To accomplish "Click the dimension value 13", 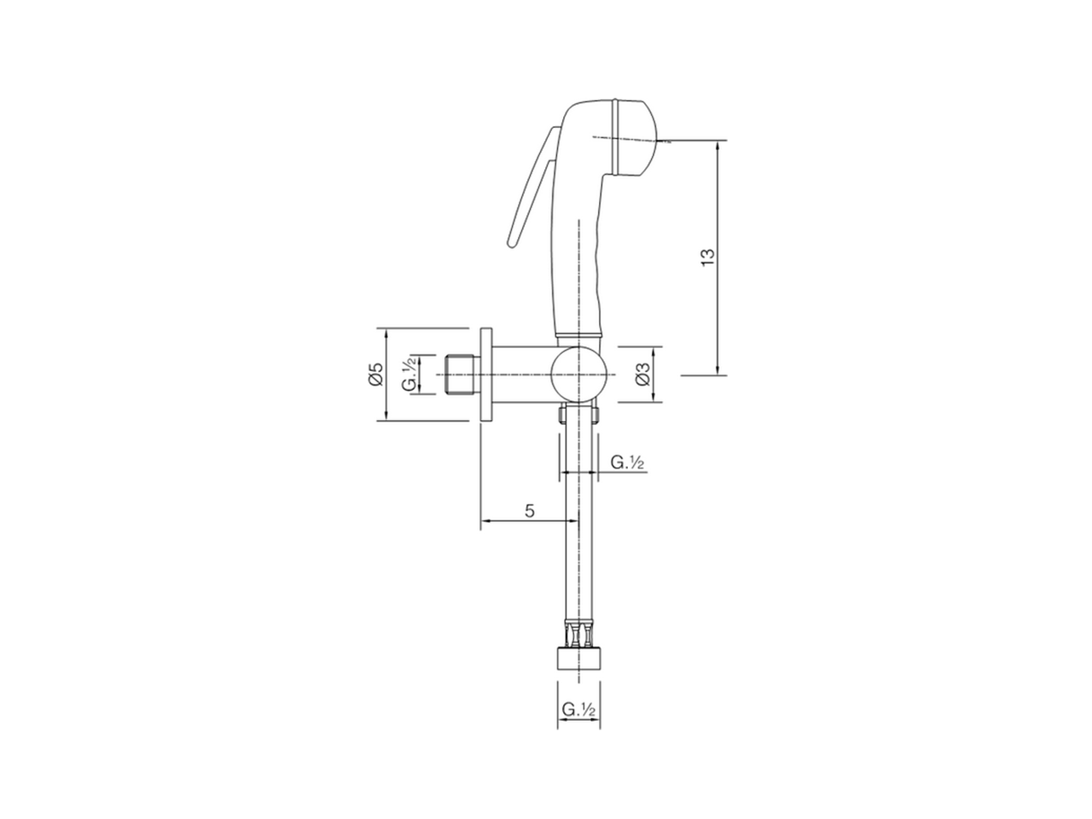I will [707, 257].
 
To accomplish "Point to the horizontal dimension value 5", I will [529, 511].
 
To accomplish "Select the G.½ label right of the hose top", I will [627, 462].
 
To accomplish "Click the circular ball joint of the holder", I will [578, 374].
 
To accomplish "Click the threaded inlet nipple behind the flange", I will [462, 374].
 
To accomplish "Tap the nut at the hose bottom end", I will [578, 660].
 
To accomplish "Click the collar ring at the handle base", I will [579, 332].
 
